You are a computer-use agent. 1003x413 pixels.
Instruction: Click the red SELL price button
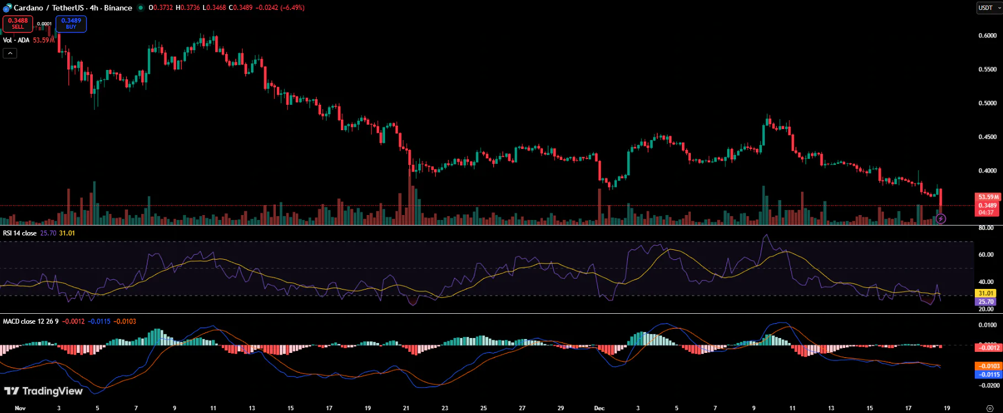pyautogui.click(x=18, y=24)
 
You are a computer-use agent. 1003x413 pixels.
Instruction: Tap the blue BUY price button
pyautogui.click(x=71, y=24)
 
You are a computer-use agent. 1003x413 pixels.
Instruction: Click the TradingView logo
pyautogui.click(x=44, y=391)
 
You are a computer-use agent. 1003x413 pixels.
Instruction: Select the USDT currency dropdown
pyautogui.click(x=989, y=8)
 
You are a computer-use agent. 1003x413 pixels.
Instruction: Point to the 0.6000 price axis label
pyautogui.click(x=987, y=36)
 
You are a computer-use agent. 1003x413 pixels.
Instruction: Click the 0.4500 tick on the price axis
pyautogui.click(x=987, y=137)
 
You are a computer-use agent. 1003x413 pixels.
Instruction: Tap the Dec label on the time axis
pyautogui.click(x=599, y=408)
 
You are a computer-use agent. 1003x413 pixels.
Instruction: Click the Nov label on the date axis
pyautogui.click(x=20, y=408)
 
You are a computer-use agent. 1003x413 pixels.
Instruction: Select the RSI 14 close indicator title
pyautogui.click(x=20, y=233)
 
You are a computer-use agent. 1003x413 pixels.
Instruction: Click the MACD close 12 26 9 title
pyautogui.click(x=31, y=321)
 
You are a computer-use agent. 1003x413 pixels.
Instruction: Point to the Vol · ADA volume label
pyautogui.click(x=16, y=40)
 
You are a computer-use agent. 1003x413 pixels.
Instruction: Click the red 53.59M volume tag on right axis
pyautogui.click(x=987, y=197)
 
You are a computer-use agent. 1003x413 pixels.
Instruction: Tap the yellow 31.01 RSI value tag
pyautogui.click(x=986, y=293)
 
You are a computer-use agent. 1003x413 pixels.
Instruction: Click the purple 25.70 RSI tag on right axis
pyautogui.click(x=986, y=302)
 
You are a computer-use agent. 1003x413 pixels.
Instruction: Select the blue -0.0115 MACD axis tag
pyautogui.click(x=988, y=374)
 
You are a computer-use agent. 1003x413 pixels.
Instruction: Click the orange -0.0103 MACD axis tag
pyautogui.click(x=988, y=366)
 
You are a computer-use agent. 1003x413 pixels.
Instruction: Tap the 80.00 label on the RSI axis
pyautogui.click(x=986, y=228)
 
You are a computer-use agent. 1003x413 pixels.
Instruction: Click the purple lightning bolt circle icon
pyautogui.click(x=941, y=219)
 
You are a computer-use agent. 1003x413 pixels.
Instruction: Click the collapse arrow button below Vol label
pyautogui.click(x=10, y=53)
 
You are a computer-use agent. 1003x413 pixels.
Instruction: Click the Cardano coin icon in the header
pyautogui.click(x=7, y=8)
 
